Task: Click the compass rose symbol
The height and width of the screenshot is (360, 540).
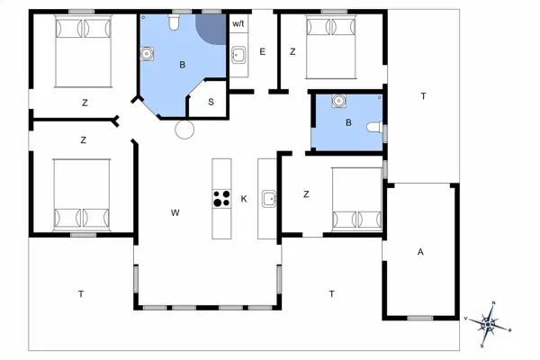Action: coord(488,324)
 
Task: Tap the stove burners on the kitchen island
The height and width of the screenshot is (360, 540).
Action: coord(221,198)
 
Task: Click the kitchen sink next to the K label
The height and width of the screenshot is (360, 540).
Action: coord(269,199)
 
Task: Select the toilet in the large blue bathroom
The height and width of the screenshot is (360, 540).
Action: coord(174,22)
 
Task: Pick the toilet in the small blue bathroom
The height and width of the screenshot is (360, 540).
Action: coord(374,127)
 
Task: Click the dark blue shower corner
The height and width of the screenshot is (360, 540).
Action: coord(211,29)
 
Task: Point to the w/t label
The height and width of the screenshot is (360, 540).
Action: coord(238,23)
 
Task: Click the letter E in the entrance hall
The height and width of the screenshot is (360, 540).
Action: coord(263,52)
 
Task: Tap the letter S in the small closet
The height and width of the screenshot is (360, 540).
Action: coord(211,102)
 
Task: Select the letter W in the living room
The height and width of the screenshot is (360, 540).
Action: coord(175,212)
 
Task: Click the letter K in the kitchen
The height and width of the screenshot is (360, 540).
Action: coord(244,199)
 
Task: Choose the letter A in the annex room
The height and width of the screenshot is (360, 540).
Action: coord(420,252)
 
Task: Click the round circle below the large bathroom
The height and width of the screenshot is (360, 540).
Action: coord(184,130)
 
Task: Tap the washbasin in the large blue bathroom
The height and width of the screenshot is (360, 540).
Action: coord(147,54)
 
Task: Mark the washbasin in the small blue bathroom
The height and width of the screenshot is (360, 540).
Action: coord(339,101)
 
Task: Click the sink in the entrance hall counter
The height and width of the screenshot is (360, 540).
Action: coord(238,55)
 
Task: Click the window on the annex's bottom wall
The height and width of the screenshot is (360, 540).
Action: coord(419,318)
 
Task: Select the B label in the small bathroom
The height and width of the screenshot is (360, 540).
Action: coord(348,122)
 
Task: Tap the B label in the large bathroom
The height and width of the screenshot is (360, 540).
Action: coord(183,65)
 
